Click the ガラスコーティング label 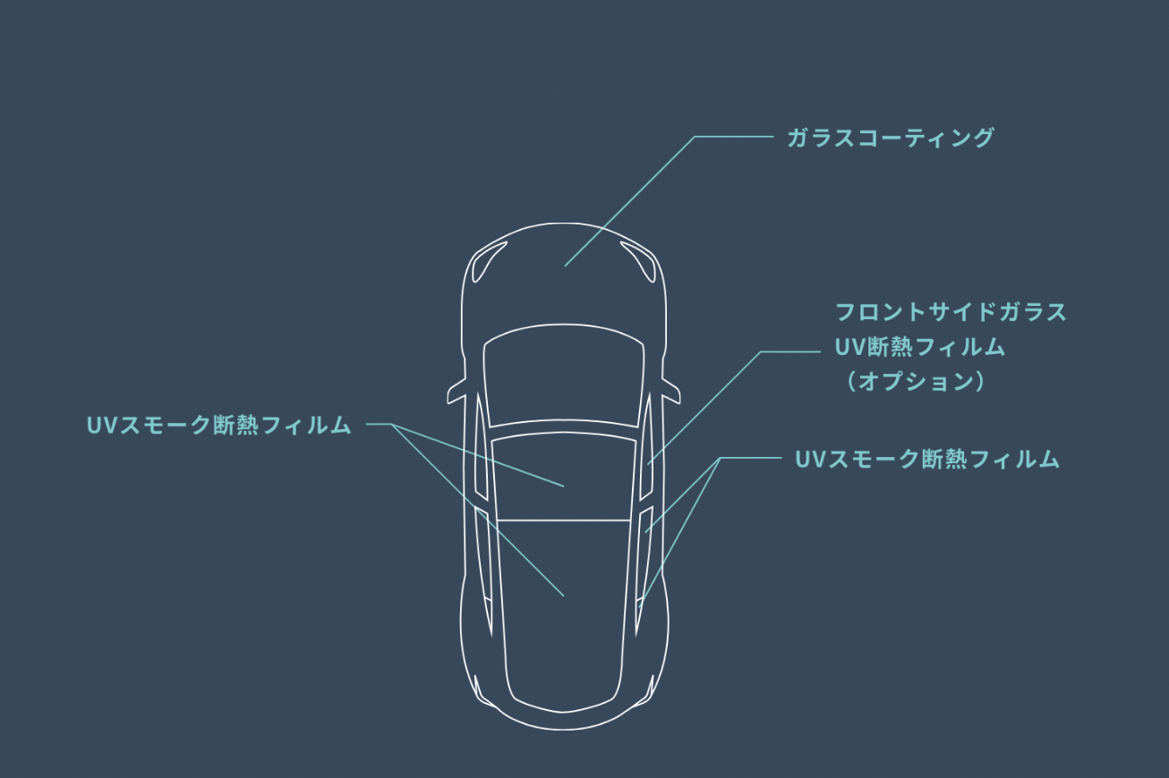click(890, 139)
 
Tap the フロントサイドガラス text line click(951, 312)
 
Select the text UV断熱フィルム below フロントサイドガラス click(920, 347)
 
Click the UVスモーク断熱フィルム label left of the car click(218, 426)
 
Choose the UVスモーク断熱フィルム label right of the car click(926, 460)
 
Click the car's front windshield click(564, 376)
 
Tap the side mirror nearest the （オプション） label click(670, 391)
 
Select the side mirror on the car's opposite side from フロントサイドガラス click(457, 391)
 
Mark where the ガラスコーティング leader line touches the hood click(566, 266)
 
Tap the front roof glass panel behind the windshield click(564, 474)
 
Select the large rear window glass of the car click(564, 608)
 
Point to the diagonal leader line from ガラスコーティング click(631, 200)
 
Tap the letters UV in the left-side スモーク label click(97, 426)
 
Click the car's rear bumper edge click(564, 726)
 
